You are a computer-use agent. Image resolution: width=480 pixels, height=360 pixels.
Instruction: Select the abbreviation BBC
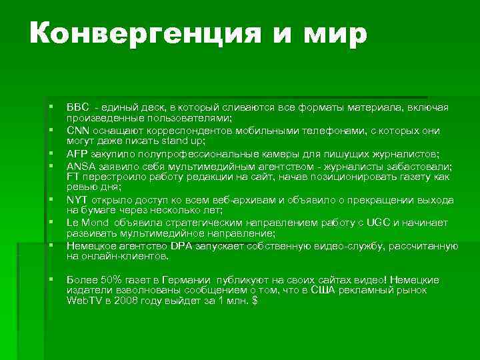click(x=77, y=107)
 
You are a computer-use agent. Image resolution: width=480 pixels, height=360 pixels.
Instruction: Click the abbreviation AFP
click(x=77, y=153)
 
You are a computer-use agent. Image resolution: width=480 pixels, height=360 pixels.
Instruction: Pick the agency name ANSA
click(x=80, y=166)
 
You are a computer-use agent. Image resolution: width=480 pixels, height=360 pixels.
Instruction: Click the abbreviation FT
click(x=73, y=177)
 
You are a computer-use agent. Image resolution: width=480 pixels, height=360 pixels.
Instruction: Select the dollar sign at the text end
click(x=253, y=301)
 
